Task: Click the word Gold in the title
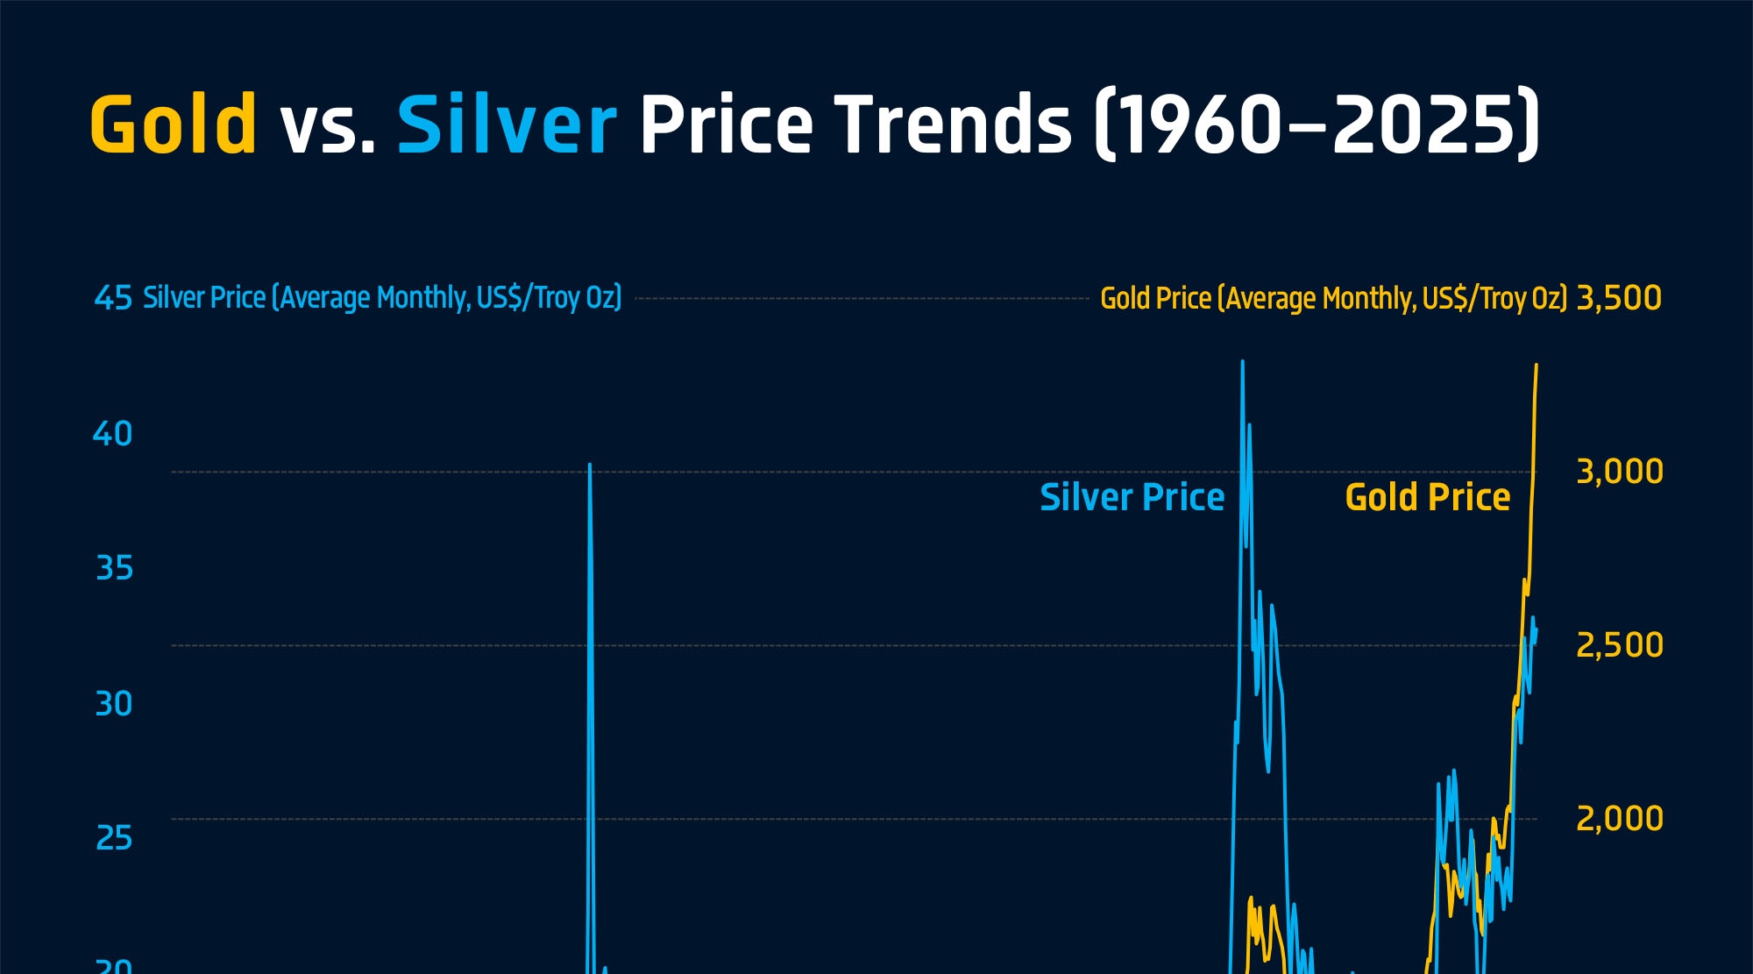tap(174, 124)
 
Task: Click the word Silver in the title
tap(507, 124)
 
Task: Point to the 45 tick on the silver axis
tap(113, 298)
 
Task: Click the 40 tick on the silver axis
tap(113, 434)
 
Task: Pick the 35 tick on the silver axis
tap(114, 569)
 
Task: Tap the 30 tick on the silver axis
tap(114, 704)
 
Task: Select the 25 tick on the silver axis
tap(114, 839)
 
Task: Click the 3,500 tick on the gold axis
tap(1618, 298)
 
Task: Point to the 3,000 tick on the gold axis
tap(1619, 472)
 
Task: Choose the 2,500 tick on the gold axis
tap(1619, 645)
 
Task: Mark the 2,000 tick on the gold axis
tap(1619, 819)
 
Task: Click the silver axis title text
tap(382, 298)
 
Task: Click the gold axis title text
tap(1333, 299)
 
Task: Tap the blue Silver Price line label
tap(1132, 497)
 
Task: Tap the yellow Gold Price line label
tap(1427, 497)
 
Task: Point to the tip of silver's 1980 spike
tap(590, 466)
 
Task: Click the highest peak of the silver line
tap(1242, 361)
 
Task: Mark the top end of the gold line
tap(1536, 365)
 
